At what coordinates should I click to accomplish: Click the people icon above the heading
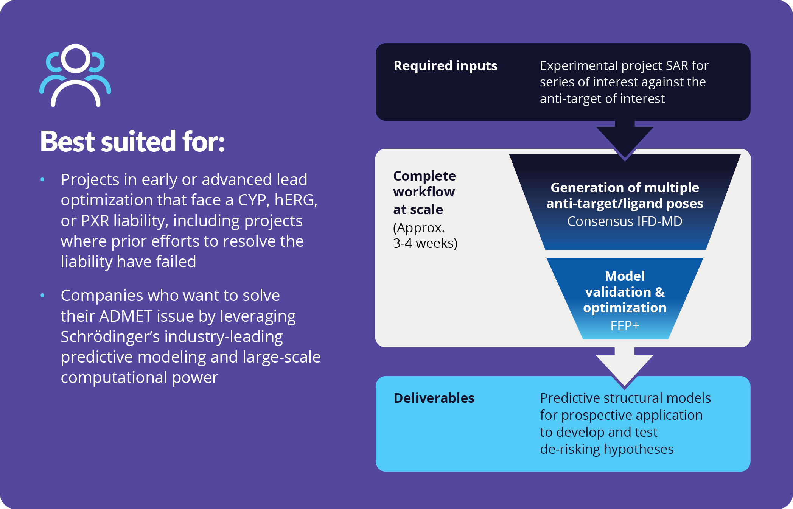pyautogui.click(x=75, y=75)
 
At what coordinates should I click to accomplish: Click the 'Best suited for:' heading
pyautogui.click(x=132, y=142)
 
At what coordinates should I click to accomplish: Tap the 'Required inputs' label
pyautogui.click(x=445, y=66)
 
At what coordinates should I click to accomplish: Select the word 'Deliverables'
pyautogui.click(x=434, y=398)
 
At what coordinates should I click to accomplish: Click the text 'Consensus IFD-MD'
pyautogui.click(x=624, y=221)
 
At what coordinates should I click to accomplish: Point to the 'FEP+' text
pyautogui.click(x=625, y=325)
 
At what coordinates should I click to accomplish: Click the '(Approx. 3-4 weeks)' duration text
pyautogui.click(x=425, y=235)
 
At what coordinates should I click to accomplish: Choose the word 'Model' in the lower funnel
pyautogui.click(x=625, y=276)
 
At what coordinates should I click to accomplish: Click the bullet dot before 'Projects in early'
pyautogui.click(x=42, y=179)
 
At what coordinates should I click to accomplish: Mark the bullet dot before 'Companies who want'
pyautogui.click(x=42, y=295)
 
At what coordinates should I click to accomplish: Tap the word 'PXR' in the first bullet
pyautogui.click(x=95, y=221)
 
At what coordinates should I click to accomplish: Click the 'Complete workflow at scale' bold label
pyautogui.click(x=424, y=193)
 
